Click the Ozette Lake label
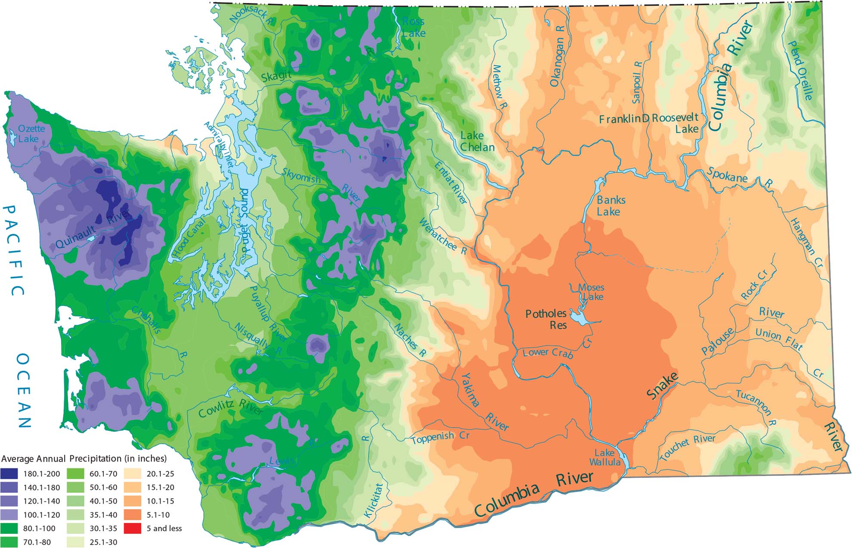pyautogui.click(x=31, y=134)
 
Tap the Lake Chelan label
pyautogui.click(x=477, y=141)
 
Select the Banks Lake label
pyautogui.click(x=610, y=205)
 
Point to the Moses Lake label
pyautogui.click(x=592, y=292)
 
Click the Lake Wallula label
pyautogui.click(x=605, y=458)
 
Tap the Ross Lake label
pyautogui.click(x=413, y=27)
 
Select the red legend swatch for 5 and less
pyautogui.click(x=132, y=528)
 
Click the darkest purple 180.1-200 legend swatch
pyautogui.click(x=9, y=474)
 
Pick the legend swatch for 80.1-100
pyautogui.click(x=9, y=528)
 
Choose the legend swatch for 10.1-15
pyautogui.click(x=132, y=501)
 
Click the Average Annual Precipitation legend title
pyautogui.click(x=84, y=458)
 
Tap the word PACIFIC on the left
pyautogui.click(x=13, y=250)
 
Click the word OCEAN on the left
pyautogui.click(x=24, y=391)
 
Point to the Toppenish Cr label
pyautogui.click(x=440, y=438)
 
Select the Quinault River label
pyautogui.click(x=93, y=230)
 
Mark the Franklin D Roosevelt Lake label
pyautogui.click(x=649, y=123)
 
